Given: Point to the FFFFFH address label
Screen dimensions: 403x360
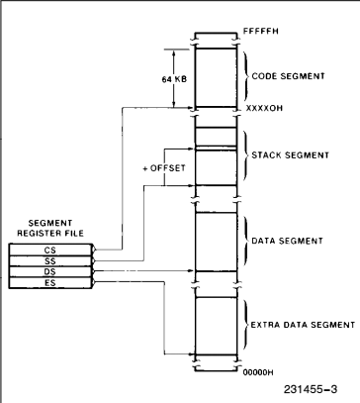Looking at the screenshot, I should (260, 32).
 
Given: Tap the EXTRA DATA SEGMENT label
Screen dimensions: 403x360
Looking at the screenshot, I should (308, 323).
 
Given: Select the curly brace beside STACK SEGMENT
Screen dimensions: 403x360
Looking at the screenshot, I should (245, 154).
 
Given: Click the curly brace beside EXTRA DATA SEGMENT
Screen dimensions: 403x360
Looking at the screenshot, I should (245, 323).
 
